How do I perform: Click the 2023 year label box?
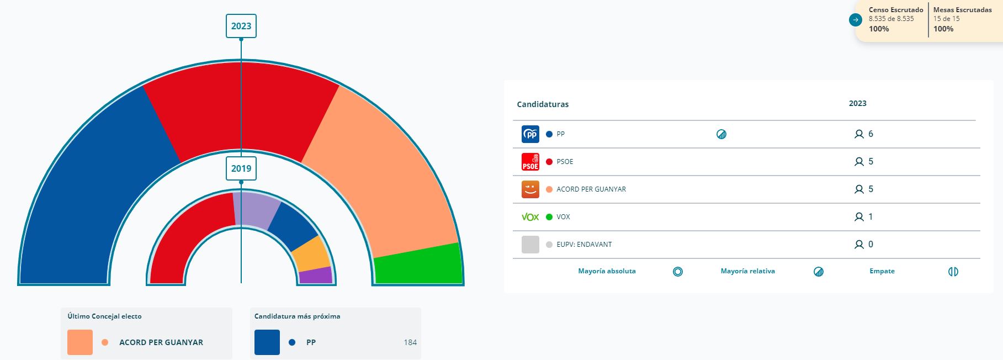pyautogui.click(x=241, y=26)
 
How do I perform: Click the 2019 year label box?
pyautogui.click(x=241, y=168)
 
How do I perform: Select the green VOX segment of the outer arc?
pyautogui.click(x=418, y=264)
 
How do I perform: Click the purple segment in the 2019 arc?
pyautogui.click(x=316, y=275)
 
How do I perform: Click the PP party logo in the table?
pyautogui.click(x=530, y=134)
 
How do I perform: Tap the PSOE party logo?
pyautogui.click(x=530, y=162)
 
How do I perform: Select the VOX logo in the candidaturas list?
pyautogui.click(x=530, y=217)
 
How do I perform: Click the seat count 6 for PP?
pyautogui.click(x=871, y=134)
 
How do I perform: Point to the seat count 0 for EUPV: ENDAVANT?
pyautogui.click(x=871, y=245)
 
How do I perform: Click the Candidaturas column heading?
pyautogui.click(x=543, y=104)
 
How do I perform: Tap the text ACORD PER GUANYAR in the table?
pyautogui.click(x=591, y=189)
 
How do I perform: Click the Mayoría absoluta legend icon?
pyautogui.click(x=678, y=272)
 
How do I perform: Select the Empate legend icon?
pyautogui.click(x=953, y=272)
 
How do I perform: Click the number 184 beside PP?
pyautogui.click(x=410, y=342)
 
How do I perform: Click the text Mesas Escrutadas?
pyautogui.click(x=962, y=10)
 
